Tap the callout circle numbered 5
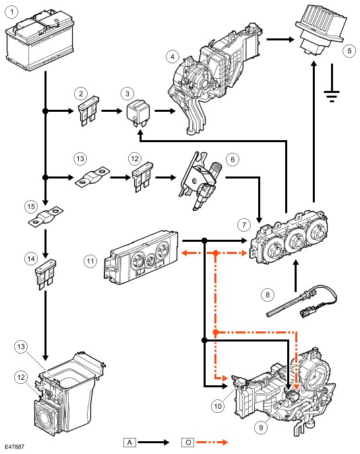(349, 51)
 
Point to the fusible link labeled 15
(46, 217)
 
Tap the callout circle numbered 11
(90, 261)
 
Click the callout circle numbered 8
(267, 295)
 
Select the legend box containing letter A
(129, 443)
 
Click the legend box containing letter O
(188, 443)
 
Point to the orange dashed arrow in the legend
(212, 442)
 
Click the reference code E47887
(14, 447)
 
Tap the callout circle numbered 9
(261, 427)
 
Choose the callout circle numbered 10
(217, 406)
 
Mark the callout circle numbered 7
(244, 225)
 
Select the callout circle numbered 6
(233, 160)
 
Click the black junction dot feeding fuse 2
(45, 111)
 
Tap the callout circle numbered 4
(173, 57)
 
